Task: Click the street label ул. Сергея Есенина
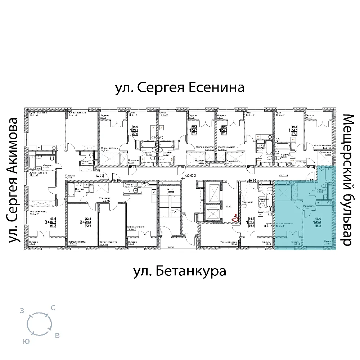(x=180, y=88)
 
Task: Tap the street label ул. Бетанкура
(x=180, y=271)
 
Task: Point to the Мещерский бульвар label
(x=347, y=180)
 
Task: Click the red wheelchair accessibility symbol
(x=233, y=218)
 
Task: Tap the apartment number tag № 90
(x=100, y=176)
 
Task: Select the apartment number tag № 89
(x=116, y=180)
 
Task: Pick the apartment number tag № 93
(x=251, y=167)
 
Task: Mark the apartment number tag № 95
(x=309, y=180)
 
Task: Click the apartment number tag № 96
(x=253, y=180)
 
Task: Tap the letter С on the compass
(x=53, y=307)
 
